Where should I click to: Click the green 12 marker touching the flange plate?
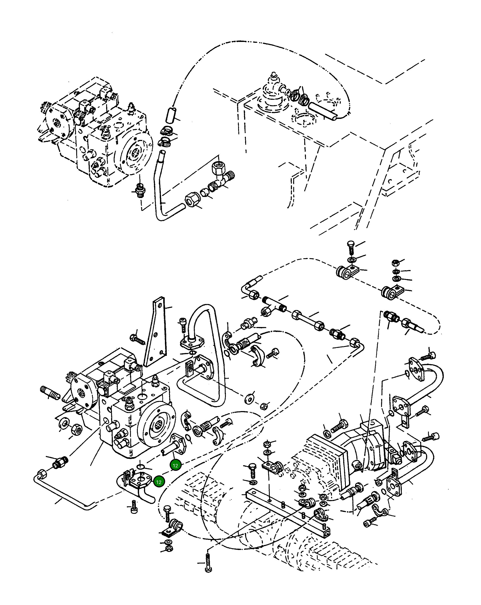tap(159, 482)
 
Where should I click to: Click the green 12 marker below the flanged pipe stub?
tap(175, 465)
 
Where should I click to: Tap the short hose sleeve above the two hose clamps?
tap(171, 115)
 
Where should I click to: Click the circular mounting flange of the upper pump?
tap(136, 153)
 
